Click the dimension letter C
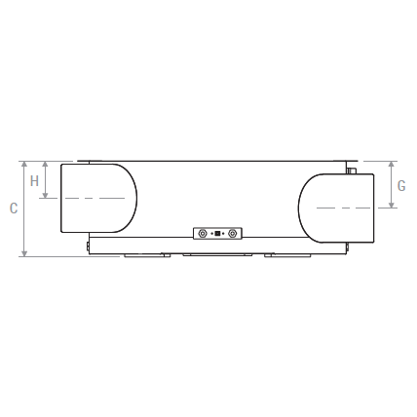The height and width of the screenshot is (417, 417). click(14, 208)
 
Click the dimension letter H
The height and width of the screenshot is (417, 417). click(34, 181)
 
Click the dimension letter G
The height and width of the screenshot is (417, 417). click(401, 186)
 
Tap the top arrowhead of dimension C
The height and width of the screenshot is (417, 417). click(24, 165)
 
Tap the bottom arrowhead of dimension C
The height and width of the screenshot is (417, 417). click(24, 253)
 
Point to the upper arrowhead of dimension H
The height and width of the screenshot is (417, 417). click(45, 165)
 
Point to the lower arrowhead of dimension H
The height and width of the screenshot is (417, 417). click(45, 195)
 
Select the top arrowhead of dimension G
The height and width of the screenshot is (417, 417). click(392, 165)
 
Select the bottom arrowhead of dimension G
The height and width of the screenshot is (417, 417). click(392, 205)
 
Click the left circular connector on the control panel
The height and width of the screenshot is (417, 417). click(203, 233)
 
